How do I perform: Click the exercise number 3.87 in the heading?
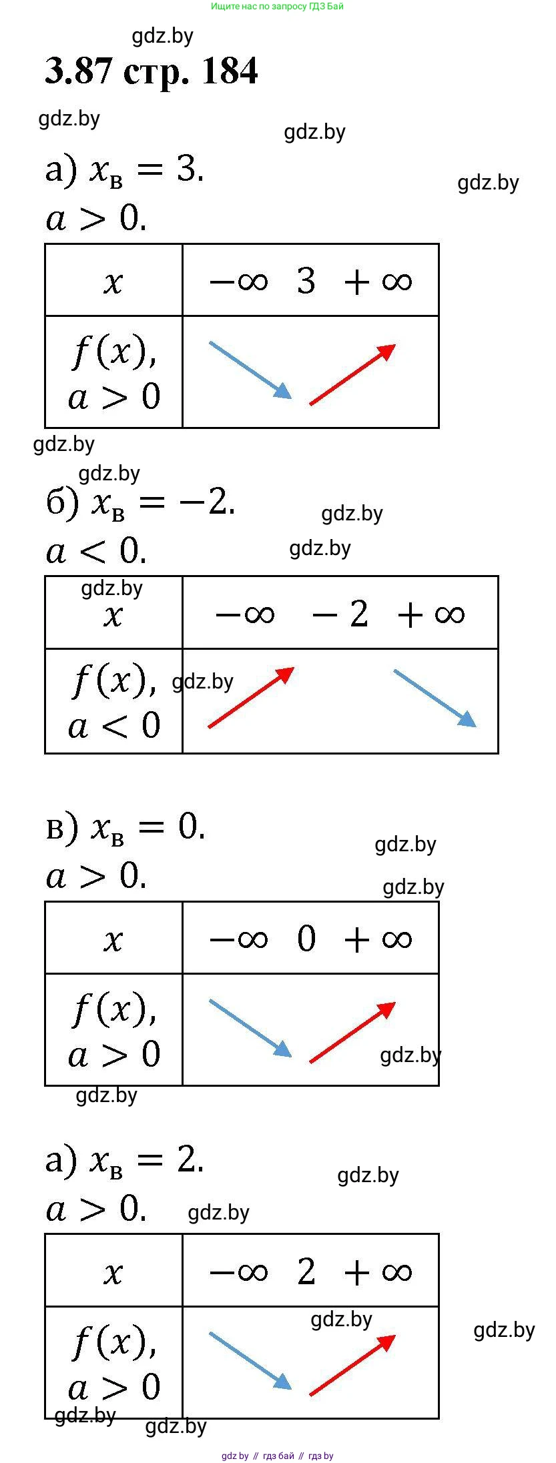[77, 71]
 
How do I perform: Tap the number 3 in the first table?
[306, 281]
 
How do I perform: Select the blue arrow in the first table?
[250, 370]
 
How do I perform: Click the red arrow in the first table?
[352, 374]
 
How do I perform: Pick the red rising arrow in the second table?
[251, 697]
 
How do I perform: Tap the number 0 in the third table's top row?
[306, 939]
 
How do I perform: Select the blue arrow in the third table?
[250, 1028]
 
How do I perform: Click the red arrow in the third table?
[352, 1032]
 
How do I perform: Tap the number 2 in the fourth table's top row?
[306, 1271]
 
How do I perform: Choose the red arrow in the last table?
[352, 1364]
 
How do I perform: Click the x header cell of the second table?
[113, 613]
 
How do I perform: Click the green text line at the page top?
[278, 6]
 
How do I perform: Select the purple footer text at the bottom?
[278, 1456]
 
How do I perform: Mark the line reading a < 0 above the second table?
[96, 550]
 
